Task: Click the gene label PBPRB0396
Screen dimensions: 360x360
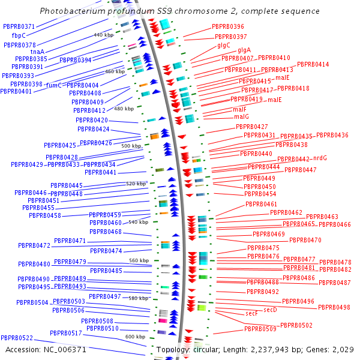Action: click(x=228, y=27)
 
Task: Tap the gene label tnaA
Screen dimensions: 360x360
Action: click(x=37, y=52)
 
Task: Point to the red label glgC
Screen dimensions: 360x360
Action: click(x=224, y=45)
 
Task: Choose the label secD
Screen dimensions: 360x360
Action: click(x=271, y=310)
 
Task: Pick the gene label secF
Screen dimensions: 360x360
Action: click(x=252, y=314)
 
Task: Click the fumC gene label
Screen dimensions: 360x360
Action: click(x=54, y=86)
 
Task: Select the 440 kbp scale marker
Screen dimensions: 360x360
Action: click(x=103, y=35)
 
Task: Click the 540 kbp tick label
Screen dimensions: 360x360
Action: click(x=138, y=222)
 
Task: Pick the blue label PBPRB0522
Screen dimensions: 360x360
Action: click(x=17, y=338)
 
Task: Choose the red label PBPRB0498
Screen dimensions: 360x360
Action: click(x=334, y=307)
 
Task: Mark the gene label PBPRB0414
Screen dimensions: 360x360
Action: click(x=313, y=64)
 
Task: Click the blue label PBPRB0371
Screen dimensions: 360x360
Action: click(x=19, y=26)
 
